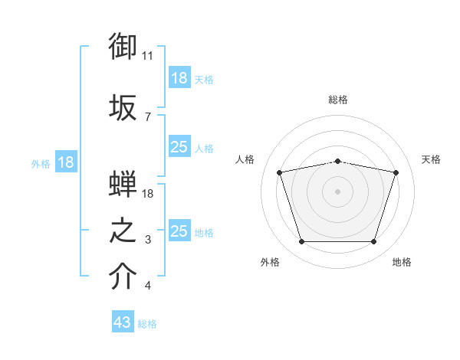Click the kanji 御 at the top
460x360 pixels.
pos(123,46)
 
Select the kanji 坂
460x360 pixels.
pos(123,107)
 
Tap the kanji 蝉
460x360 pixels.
pos(123,183)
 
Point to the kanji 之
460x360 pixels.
pos(123,231)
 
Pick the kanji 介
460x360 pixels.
pos(123,276)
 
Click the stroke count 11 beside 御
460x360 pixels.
pos(147,56)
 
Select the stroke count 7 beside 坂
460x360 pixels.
pos(148,117)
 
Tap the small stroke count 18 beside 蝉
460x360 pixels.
pos(147,194)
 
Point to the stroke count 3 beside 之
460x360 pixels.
pos(148,240)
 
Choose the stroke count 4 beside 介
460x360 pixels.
pos(148,285)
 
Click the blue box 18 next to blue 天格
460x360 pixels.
pos(179,77)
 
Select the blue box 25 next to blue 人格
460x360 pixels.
pos(179,146)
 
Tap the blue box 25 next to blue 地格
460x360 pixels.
pos(179,230)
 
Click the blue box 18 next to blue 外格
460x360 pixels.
pos(66,162)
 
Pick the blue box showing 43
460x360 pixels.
pos(123,321)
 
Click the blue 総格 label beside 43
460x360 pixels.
pos(147,324)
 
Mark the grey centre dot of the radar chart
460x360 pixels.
pos(337,191)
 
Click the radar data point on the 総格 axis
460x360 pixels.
pos(337,162)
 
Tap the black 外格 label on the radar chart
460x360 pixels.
pos(270,262)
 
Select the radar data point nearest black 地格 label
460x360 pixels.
pos(374,241)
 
